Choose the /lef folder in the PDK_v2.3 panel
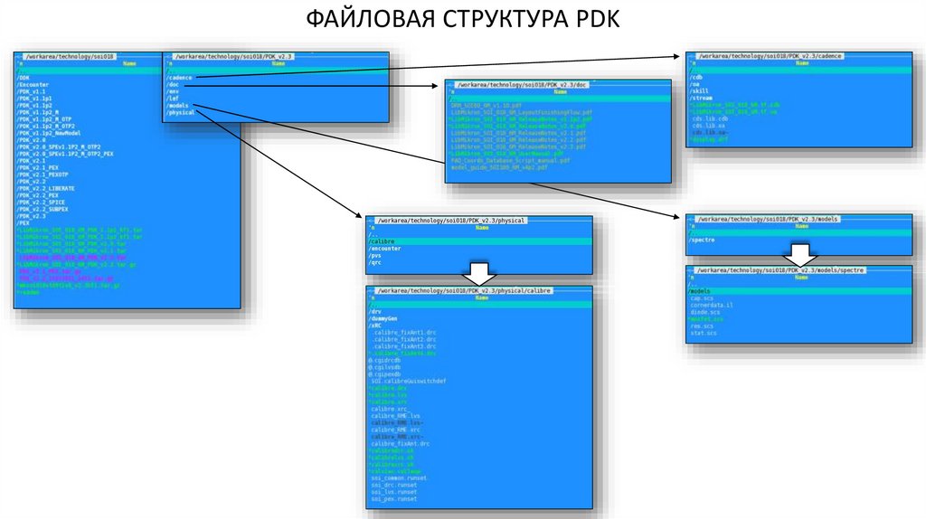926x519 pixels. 174,99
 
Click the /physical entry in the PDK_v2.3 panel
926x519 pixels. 181,112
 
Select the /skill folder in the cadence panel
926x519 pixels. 699,91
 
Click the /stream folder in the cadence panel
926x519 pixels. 701,98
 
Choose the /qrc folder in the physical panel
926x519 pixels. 375,262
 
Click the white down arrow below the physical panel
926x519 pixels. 480,274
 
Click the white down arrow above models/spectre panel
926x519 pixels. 799,252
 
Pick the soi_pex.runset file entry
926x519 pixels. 393,498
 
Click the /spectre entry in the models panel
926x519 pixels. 703,241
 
